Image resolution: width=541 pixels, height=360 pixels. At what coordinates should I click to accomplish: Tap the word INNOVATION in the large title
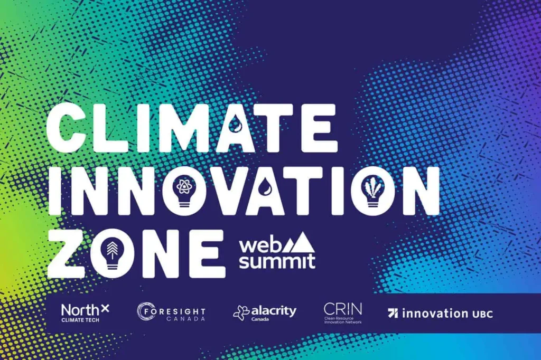point(244,191)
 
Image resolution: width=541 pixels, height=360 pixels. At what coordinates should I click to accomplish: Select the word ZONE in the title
point(136,254)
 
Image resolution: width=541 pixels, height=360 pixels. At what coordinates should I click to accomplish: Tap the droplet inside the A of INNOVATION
point(267,186)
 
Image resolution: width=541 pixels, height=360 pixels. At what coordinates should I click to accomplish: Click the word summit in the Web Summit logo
point(277,261)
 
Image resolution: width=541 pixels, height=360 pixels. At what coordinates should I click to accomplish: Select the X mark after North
point(105,308)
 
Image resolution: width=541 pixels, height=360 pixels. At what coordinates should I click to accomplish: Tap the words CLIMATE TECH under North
point(80,320)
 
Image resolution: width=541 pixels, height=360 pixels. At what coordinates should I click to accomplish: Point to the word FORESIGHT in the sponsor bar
point(174,312)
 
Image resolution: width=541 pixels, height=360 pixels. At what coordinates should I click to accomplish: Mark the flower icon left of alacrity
point(241,313)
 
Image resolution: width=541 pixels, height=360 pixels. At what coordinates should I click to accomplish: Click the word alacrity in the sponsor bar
point(274,311)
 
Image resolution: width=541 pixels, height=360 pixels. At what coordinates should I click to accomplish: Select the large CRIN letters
point(343,309)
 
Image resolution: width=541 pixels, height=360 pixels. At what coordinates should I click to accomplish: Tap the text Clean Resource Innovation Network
point(343,320)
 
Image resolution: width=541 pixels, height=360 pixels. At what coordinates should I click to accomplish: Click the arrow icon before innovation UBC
point(393,313)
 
